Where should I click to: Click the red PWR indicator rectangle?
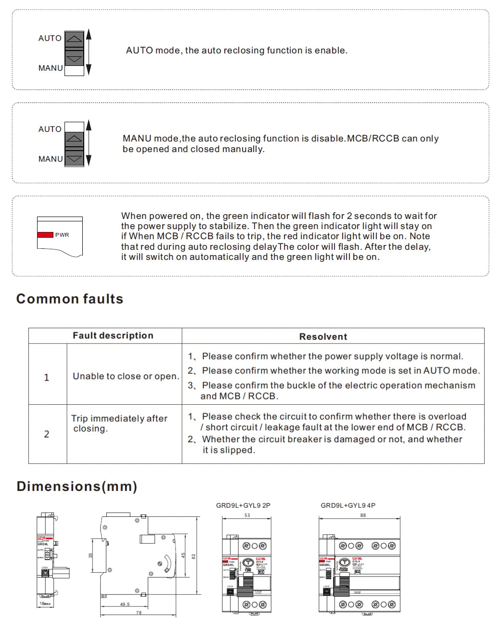click(45, 235)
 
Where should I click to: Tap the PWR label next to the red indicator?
click(62, 235)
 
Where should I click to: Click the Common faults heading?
click(70, 299)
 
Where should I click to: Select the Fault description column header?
click(113, 335)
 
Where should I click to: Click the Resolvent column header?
click(323, 336)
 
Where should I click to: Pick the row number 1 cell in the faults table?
click(47, 377)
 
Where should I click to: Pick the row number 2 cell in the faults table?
click(47, 434)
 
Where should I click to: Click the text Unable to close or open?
click(126, 376)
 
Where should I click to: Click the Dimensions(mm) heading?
click(77, 486)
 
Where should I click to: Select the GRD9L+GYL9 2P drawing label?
click(243, 505)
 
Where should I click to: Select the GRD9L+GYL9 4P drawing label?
click(348, 505)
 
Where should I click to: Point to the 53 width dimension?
click(247, 515)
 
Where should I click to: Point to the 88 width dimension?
click(363, 515)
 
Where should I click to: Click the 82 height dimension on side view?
click(193, 556)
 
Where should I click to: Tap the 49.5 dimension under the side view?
click(125, 604)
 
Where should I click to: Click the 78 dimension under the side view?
click(139, 613)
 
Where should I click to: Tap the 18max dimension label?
click(45, 603)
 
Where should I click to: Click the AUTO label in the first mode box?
click(50, 38)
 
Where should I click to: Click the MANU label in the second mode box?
click(51, 159)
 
